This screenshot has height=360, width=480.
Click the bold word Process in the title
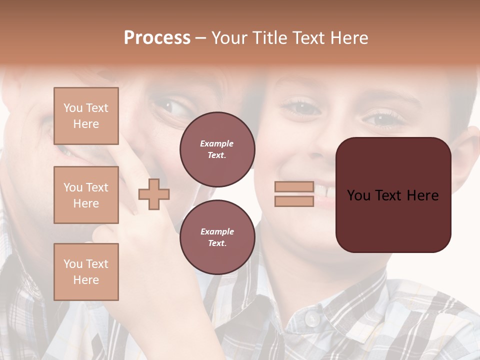tap(157, 38)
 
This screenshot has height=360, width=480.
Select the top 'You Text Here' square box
tap(86, 116)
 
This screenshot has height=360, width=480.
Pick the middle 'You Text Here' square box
tap(86, 195)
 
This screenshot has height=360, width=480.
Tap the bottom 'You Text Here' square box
tap(86, 271)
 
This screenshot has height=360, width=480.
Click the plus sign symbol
tap(154, 194)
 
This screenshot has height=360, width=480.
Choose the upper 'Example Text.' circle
tap(217, 149)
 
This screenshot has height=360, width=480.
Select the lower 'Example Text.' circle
tap(217, 237)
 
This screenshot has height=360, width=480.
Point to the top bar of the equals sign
tap(294, 187)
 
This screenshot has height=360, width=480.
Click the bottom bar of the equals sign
tap(294, 201)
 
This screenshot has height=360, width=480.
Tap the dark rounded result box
tap(393, 194)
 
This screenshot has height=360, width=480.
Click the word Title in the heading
tap(273, 38)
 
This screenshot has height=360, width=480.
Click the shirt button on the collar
tap(312, 318)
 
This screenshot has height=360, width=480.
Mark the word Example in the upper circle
tap(216, 143)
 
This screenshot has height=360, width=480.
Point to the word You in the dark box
tap(359, 195)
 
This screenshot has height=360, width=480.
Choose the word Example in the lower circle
tap(217, 231)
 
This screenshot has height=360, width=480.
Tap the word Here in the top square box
tap(86, 124)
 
